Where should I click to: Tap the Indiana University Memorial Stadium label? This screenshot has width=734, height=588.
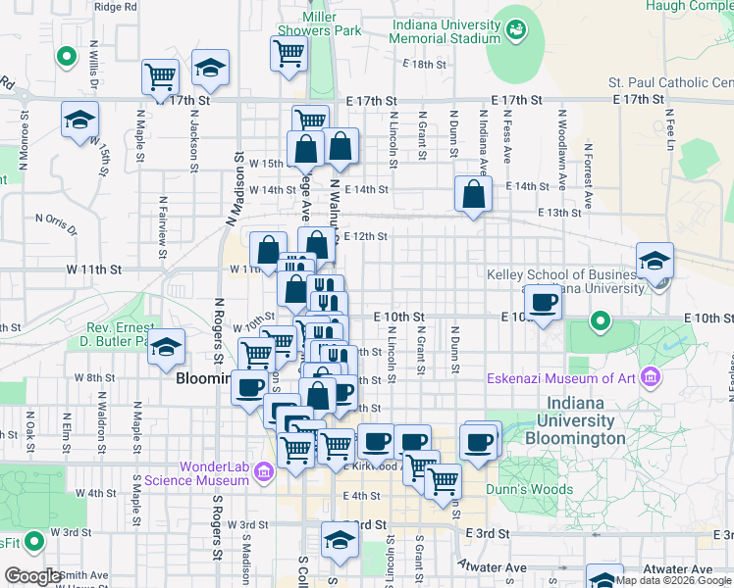(445, 31)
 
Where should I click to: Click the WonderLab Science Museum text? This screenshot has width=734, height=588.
(195, 473)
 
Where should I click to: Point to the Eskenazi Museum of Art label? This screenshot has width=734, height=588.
(562, 378)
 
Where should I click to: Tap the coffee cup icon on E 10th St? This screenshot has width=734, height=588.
(542, 302)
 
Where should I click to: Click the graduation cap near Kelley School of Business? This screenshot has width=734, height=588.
(655, 261)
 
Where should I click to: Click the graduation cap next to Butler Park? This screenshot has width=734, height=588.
(167, 346)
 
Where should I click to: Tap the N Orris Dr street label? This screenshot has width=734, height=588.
(55, 224)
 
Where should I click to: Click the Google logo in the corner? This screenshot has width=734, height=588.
(33, 575)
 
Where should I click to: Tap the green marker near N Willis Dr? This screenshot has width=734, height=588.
(67, 57)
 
